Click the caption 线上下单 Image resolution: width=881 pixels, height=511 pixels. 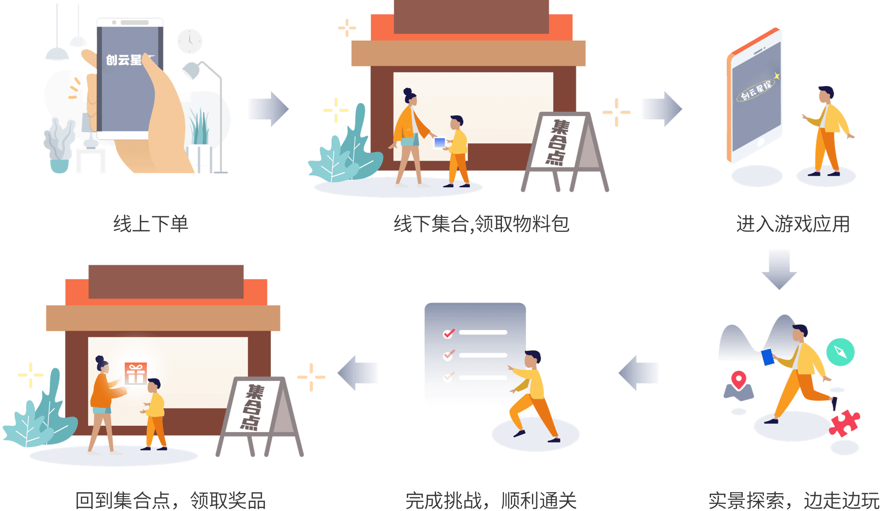click(x=150, y=224)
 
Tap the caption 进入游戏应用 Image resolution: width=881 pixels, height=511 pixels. click(x=793, y=224)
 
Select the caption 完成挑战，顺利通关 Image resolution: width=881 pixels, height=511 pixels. click(x=491, y=500)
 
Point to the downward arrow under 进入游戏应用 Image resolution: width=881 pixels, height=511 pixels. click(x=779, y=269)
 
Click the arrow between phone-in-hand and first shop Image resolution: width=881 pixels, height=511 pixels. click(x=268, y=109)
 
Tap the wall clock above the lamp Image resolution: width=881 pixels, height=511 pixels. click(x=189, y=41)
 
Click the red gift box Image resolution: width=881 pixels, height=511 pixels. click(x=135, y=373)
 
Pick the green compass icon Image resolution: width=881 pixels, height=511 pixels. click(x=840, y=352)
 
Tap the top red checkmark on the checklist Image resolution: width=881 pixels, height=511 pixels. click(x=449, y=333)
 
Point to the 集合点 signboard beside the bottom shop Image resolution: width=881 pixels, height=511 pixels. click(x=255, y=406)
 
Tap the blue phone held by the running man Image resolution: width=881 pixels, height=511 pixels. click(x=767, y=357)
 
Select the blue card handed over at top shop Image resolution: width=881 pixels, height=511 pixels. click(x=440, y=142)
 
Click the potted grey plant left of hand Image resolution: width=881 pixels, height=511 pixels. click(x=59, y=145)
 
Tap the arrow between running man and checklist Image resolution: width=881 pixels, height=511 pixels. click(x=639, y=373)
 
